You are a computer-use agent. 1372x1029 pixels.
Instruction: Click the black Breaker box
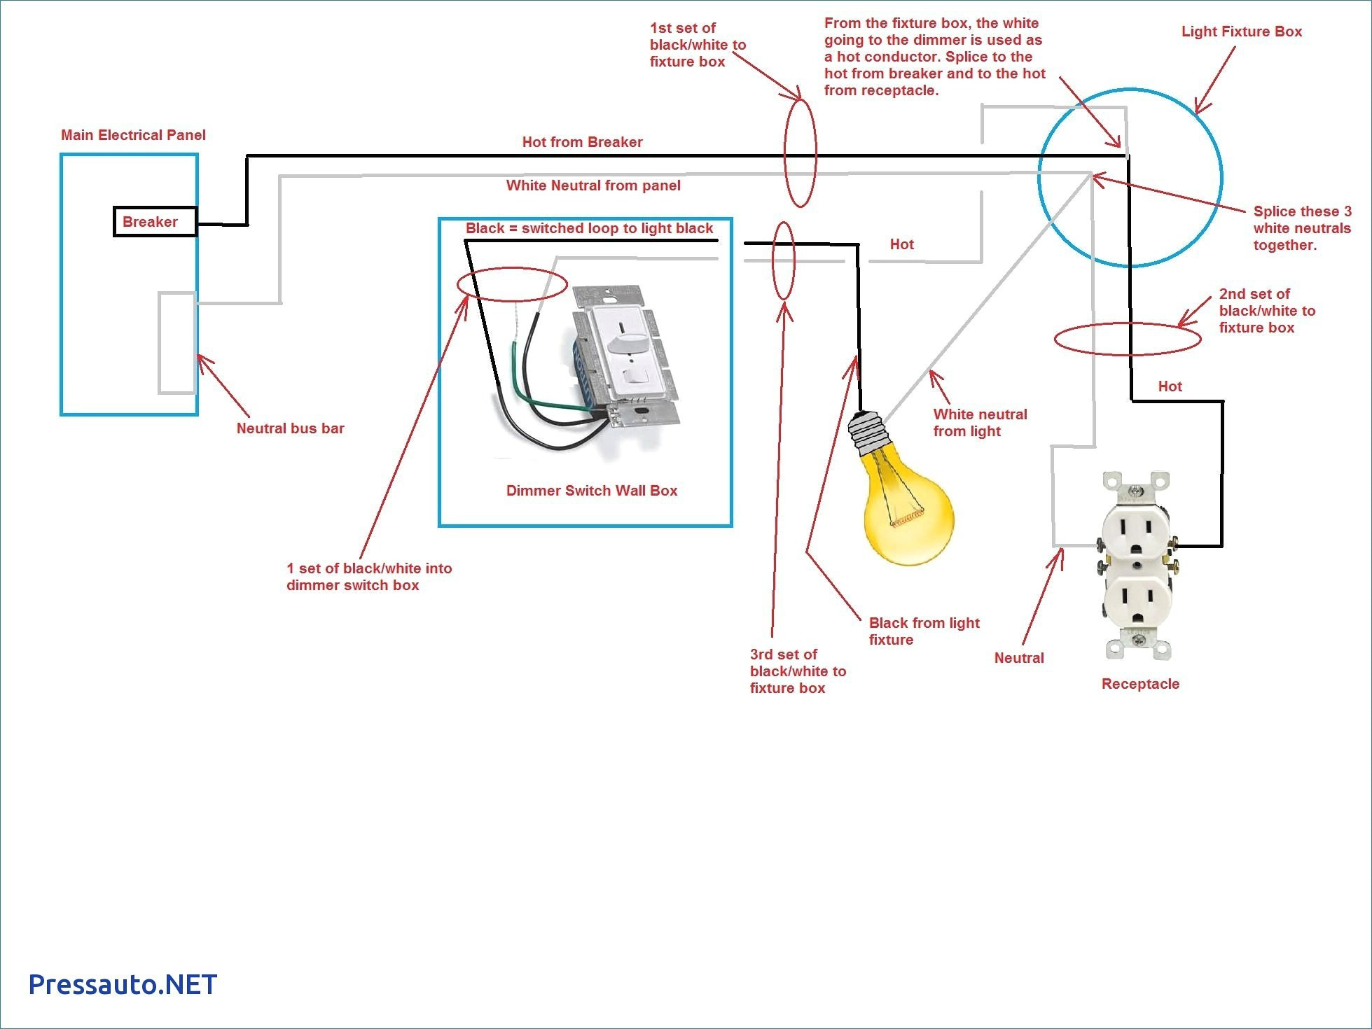point(155,222)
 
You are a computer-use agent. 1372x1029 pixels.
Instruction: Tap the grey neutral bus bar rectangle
point(176,342)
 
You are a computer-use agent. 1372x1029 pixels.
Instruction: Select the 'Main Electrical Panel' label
point(133,135)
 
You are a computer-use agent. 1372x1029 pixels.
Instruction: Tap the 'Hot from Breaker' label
point(582,142)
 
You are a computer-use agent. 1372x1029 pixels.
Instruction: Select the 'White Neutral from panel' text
point(593,185)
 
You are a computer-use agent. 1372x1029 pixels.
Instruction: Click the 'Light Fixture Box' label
point(1241,31)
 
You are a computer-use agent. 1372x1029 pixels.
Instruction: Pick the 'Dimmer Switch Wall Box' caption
point(592,491)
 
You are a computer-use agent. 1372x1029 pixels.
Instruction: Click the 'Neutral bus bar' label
point(290,428)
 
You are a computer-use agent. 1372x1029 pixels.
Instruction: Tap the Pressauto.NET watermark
point(123,984)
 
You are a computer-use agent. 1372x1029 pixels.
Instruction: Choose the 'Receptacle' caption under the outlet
point(1140,684)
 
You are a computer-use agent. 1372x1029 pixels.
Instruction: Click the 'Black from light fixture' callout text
point(924,631)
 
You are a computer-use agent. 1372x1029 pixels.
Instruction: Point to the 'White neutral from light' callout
point(980,423)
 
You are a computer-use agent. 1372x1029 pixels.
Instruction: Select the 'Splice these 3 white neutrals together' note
point(1301,228)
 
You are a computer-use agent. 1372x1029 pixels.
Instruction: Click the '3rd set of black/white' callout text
point(798,671)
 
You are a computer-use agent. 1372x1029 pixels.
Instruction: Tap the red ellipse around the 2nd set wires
point(1127,339)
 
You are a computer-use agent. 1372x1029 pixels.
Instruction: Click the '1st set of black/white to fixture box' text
point(698,45)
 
